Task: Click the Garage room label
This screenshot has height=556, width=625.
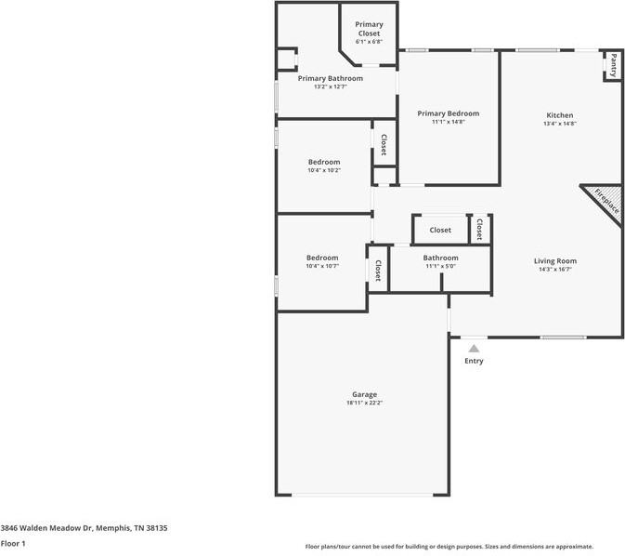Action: [364, 394]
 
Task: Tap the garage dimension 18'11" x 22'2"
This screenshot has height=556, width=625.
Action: [364, 403]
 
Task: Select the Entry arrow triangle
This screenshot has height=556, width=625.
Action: [474, 348]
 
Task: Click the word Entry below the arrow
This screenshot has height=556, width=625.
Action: [474, 361]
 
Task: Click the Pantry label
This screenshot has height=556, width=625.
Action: [613, 66]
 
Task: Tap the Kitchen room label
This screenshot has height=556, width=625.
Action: [559, 115]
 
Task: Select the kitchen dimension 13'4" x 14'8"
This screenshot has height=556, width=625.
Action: [559, 124]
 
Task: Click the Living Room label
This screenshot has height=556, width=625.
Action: [555, 261]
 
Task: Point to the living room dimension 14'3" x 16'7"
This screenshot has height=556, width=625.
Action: [555, 270]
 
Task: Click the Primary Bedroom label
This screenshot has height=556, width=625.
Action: [448, 113]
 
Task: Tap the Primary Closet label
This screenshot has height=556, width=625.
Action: [369, 29]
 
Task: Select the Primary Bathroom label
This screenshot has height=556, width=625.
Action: [330, 78]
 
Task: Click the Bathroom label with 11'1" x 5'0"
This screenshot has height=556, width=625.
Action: [440, 258]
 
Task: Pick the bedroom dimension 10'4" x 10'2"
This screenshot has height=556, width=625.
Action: [323, 170]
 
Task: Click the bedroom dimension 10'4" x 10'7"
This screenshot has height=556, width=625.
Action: [322, 266]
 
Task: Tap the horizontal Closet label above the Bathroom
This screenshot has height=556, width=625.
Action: [440, 230]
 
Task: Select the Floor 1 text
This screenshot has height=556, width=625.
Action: [13, 543]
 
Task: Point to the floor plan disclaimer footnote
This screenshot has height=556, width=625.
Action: [449, 547]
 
